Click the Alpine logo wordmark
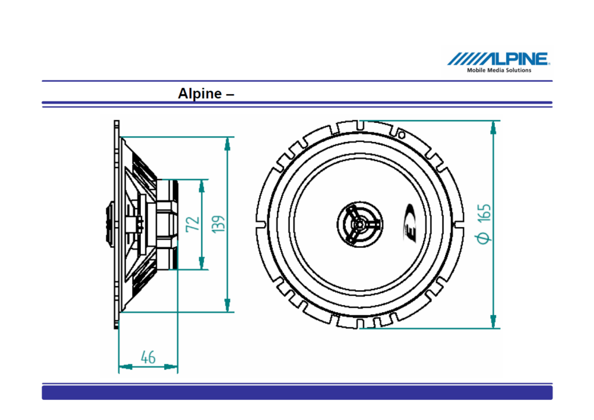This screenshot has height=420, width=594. coord(498,58)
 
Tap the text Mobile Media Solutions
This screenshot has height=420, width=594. coord(499,70)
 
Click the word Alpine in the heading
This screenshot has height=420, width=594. coord(200,94)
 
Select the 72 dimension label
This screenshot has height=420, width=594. coord(193,224)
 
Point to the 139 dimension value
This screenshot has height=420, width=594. coord(218,224)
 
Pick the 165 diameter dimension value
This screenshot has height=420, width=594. coord(484,213)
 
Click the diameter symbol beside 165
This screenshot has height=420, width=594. coord(483,238)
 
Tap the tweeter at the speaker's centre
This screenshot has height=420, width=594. coord(360,224)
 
